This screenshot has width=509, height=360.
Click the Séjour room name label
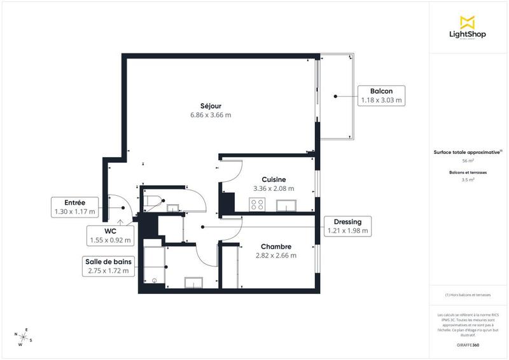[x=210, y=106]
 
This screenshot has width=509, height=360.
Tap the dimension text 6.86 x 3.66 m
[x=210, y=115]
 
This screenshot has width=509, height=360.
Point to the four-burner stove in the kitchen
[x=258, y=204]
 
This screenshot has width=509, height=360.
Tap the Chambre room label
[x=275, y=247]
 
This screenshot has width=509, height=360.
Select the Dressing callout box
[x=347, y=226]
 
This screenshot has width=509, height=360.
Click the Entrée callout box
[x=74, y=207]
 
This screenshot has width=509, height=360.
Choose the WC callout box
[x=109, y=236]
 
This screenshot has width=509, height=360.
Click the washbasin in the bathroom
[x=193, y=282]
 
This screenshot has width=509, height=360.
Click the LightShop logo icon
[x=468, y=22]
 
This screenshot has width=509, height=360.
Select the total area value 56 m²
[x=468, y=162]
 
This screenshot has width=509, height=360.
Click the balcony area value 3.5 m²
[x=468, y=180]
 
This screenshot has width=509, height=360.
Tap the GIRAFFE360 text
[x=468, y=343]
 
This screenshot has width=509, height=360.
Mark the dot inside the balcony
[x=335, y=96]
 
